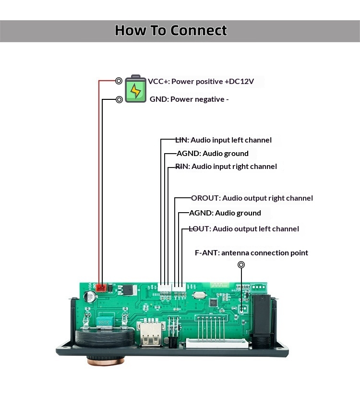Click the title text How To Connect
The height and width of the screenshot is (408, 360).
click(171, 31)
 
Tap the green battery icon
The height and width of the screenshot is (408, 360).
click(135, 90)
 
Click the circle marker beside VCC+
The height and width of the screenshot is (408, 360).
click(119, 81)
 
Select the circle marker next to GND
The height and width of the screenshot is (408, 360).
click(119, 99)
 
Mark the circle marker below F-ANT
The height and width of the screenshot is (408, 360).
click(241, 265)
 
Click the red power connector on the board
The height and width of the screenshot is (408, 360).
click(102, 288)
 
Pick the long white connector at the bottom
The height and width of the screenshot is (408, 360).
click(217, 344)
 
